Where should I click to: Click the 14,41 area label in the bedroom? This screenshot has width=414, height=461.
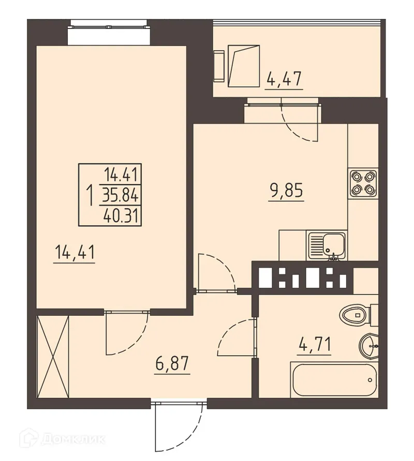(x=75, y=253)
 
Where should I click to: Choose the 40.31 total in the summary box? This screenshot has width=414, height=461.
(x=123, y=213)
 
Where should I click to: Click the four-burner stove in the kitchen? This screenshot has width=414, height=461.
(x=362, y=182)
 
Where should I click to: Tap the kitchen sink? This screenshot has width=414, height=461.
(x=326, y=245)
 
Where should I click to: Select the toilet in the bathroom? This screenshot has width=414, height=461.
(x=358, y=313)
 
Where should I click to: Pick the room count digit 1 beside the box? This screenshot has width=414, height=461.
(x=90, y=195)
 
